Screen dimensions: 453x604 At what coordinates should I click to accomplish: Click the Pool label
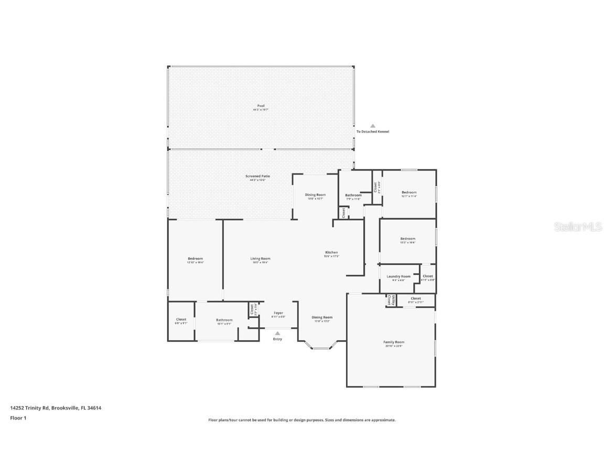coord(261,106)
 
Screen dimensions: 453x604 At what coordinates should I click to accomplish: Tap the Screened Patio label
coord(257,176)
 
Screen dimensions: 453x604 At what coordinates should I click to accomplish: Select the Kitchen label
coord(331,253)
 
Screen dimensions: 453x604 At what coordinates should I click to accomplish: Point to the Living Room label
coord(260,258)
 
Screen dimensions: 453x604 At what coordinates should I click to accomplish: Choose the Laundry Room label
coord(398,276)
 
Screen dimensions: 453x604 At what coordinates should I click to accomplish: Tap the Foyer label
coord(278,313)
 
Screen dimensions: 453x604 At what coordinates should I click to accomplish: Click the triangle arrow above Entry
coord(277,333)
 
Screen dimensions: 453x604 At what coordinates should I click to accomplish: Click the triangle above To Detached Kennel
coord(373,126)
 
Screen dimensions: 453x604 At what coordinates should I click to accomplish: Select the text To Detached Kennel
coord(373,132)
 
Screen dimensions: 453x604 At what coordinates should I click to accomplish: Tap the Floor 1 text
coord(18,418)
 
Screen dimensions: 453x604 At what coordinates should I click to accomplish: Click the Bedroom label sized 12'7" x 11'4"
coord(409,192)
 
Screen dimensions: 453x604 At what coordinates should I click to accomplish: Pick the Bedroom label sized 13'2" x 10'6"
coord(407,239)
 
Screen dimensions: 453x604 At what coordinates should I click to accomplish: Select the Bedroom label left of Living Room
coord(195,258)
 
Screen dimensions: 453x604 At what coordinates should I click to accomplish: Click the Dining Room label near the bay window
coord(322,317)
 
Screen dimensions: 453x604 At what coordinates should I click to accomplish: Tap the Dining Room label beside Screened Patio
coord(315,195)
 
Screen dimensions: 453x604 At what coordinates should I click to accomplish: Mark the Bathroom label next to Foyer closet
coord(224,320)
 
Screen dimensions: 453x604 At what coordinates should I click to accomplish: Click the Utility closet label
coord(390,300)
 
